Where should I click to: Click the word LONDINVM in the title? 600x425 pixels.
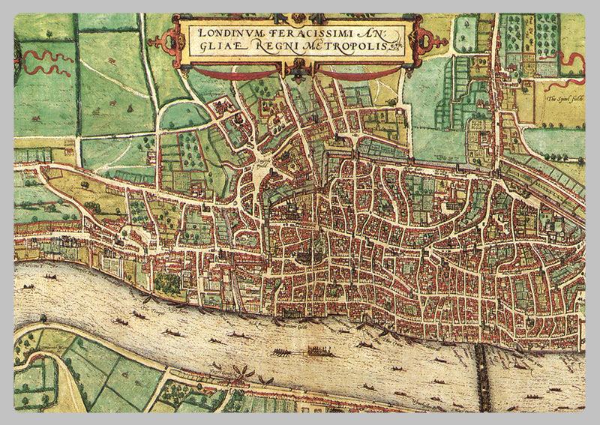pos(220,33)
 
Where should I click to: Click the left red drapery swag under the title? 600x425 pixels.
pos(225,73)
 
